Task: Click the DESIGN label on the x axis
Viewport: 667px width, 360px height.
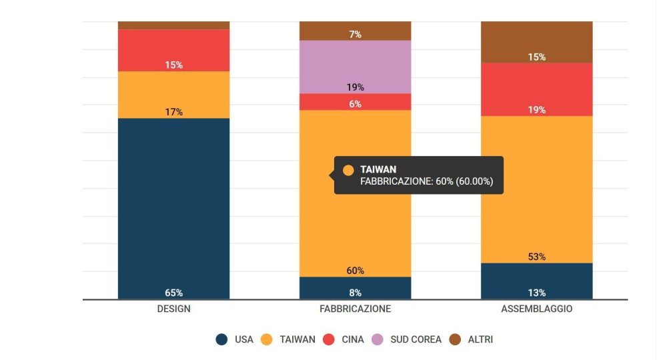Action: (x=173, y=309)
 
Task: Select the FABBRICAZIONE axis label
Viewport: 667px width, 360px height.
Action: (x=355, y=309)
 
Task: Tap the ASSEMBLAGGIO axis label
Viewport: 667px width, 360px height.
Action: (x=536, y=309)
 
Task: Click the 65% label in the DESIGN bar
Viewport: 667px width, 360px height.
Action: (x=174, y=293)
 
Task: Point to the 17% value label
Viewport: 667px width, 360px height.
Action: (x=174, y=112)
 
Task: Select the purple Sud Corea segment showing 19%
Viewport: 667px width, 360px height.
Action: (x=355, y=67)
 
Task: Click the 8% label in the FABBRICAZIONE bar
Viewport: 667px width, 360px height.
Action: (x=356, y=293)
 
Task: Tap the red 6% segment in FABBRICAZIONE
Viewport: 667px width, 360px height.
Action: (x=355, y=102)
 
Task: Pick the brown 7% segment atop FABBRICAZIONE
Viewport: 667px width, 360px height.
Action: (x=355, y=31)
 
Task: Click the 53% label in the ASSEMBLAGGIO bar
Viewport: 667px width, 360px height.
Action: (x=537, y=257)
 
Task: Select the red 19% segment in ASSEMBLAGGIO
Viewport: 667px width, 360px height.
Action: (x=536, y=89)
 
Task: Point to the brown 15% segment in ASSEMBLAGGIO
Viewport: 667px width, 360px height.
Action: (x=536, y=41)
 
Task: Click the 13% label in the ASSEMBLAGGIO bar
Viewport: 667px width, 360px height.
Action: (x=537, y=293)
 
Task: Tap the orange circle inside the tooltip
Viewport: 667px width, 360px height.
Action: (x=348, y=170)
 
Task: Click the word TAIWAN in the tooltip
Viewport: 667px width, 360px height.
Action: (x=378, y=170)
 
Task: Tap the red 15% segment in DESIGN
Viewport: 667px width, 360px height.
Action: (x=173, y=50)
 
